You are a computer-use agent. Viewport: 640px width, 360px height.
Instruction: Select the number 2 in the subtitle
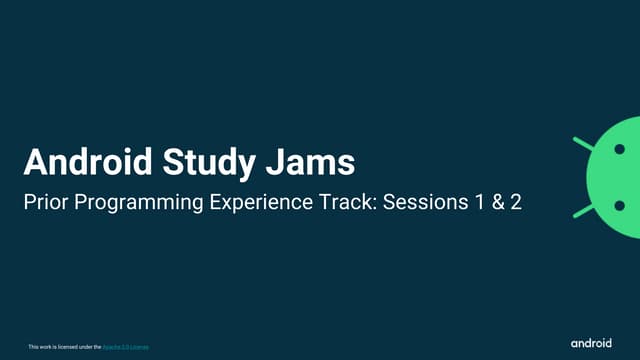517,201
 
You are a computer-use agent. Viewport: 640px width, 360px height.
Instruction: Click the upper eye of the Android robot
620,149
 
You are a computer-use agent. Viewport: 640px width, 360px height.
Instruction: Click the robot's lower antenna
582,211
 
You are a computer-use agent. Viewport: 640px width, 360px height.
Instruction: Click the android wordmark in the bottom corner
591,343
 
